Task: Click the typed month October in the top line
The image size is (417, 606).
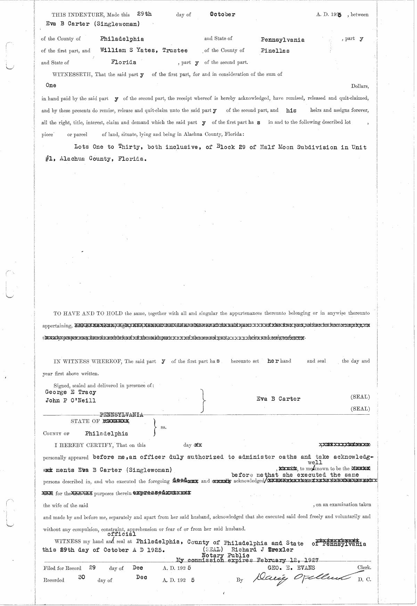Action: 222,14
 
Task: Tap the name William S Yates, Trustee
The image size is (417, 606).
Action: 144,50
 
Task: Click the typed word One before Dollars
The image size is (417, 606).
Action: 51,85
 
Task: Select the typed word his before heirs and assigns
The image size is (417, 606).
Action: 291,111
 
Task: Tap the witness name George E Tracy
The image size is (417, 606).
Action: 71,392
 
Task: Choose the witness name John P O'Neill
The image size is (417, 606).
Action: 71,400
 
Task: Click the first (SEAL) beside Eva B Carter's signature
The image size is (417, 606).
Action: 360,397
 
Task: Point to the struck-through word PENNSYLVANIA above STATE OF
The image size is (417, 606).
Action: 122,415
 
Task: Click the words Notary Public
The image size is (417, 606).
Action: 225,555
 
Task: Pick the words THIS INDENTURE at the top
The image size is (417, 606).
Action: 73,15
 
